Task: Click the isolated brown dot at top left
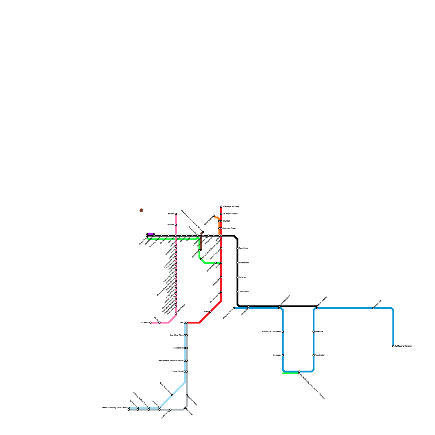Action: pyautogui.click(x=141, y=210)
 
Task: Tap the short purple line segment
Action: pyautogui.click(x=150, y=234)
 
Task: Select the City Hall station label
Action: pyautogui.click(x=226, y=221)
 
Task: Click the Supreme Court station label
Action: pyautogui.click(x=229, y=228)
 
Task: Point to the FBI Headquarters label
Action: pyautogui.click(x=230, y=214)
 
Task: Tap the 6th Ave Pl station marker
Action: pyautogui.click(x=150, y=322)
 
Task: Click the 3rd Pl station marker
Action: pyautogui.click(x=210, y=312)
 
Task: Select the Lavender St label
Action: pyautogui.click(x=244, y=291)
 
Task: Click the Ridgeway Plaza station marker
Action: pyautogui.click(x=234, y=308)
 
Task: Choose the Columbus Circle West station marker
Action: pyautogui.click(x=283, y=332)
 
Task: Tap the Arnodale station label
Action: pyautogui.click(x=277, y=355)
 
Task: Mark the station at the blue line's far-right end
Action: pyautogui.click(x=393, y=346)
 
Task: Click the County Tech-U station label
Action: pyautogui.click(x=177, y=371)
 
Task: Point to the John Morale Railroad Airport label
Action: pyautogui.click(x=171, y=361)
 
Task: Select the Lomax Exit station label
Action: pyautogui.click(x=178, y=348)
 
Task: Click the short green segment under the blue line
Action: pyautogui.click(x=290, y=373)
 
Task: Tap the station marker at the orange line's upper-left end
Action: pyautogui.click(x=214, y=216)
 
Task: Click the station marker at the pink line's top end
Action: pyautogui.click(x=176, y=214)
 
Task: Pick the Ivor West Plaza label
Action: pyautogui.click(x=177, y=335)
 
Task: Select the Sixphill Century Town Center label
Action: pyautogui.click(x=114, y=408)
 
